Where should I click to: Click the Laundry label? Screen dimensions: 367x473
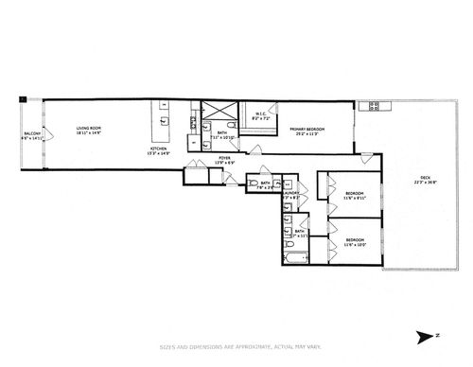click(291, 195)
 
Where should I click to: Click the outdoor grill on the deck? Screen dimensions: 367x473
click(374, 106)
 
